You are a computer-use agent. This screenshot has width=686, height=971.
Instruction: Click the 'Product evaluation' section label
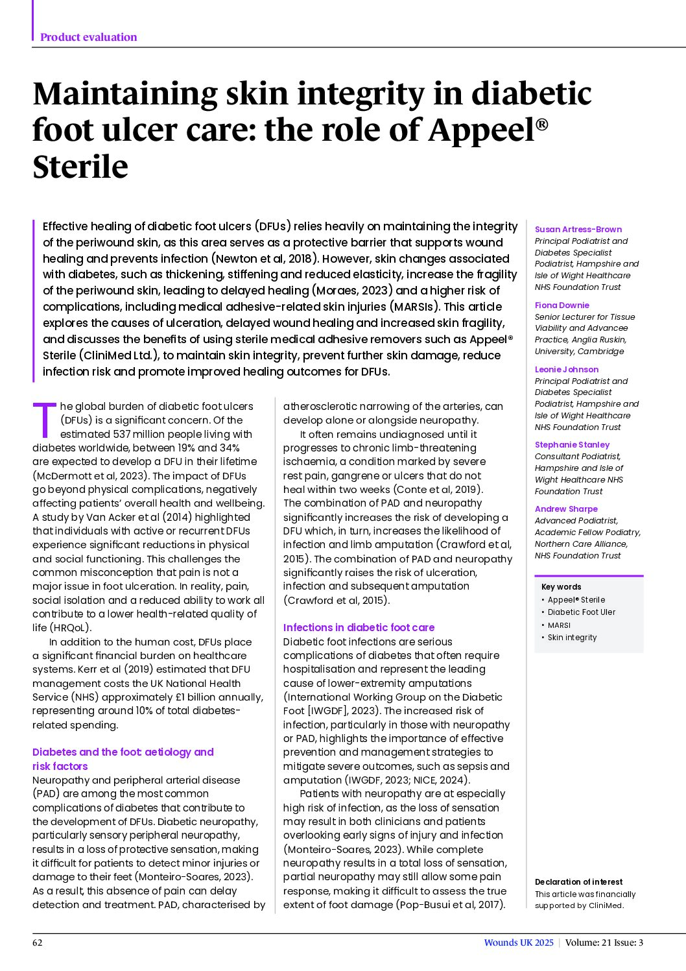(88, 37)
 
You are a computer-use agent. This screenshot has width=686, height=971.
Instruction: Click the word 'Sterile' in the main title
(80, 167)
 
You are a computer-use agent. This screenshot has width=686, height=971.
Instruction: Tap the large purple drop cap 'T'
(45, 420)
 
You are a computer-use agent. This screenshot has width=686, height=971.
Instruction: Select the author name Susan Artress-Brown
(578, 229)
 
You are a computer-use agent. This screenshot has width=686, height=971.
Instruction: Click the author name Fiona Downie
(562, 305)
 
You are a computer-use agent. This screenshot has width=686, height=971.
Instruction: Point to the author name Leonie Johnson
(566, 369)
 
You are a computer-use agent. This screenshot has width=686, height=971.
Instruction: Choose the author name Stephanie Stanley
(572, 444)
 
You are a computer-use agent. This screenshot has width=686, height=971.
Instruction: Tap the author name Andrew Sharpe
(566, 509)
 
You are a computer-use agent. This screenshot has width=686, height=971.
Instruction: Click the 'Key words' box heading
(561, 586)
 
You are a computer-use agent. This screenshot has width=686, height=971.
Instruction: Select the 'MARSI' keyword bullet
(558, 625)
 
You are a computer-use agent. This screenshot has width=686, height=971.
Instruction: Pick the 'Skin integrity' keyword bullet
(571, 638)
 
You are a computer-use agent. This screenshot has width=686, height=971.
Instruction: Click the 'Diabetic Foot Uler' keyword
(581, 612)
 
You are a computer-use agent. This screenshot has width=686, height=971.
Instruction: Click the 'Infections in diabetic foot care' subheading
(359, 627)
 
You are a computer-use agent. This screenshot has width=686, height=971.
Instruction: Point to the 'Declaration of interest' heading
(578, 881)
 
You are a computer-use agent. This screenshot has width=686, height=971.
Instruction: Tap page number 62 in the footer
(38, 942)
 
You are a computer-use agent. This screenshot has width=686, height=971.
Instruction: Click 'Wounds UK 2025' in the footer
(519, 942)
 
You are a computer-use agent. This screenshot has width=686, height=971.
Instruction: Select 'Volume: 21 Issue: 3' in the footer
(604, 942)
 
